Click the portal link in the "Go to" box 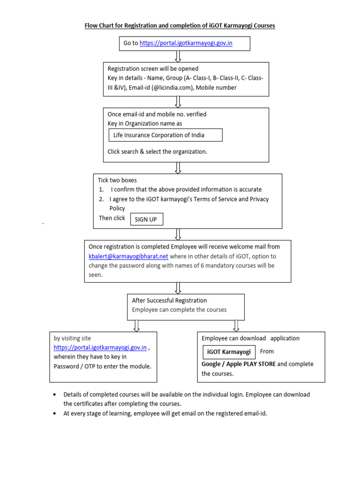186,43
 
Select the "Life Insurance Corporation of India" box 165,135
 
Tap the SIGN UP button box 146,219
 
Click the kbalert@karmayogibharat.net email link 128,256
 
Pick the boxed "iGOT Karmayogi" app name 229,352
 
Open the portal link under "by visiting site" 100,347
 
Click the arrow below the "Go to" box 178,56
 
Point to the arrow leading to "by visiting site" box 136,325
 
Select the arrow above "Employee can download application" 236,325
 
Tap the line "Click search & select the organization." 157,151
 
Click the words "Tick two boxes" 117,180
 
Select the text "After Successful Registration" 169,300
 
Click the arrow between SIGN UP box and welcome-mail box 178,234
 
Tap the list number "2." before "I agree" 101,199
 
